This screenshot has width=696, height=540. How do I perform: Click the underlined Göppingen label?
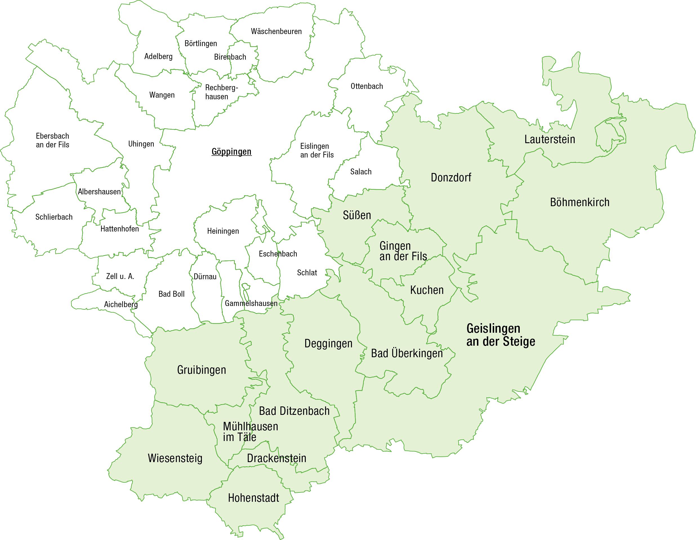point(231,152)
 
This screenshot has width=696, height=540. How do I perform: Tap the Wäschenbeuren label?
point(276,31)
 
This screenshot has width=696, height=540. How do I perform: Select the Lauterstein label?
point(550,139)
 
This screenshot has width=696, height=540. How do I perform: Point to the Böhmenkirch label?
point(579,202)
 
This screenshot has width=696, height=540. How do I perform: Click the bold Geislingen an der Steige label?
point(500,335)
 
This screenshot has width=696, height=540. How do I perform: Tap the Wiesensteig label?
point(175,458)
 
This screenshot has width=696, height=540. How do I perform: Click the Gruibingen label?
point(201,370)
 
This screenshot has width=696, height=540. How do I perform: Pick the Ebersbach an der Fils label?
point(52,140)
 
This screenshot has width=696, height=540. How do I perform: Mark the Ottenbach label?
point(367,86)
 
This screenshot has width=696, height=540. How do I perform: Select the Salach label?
point(361,172)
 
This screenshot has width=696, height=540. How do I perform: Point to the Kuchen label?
point(427,290)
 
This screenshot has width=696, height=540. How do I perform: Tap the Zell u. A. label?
point(120,276)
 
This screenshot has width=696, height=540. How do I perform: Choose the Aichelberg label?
point(121,305)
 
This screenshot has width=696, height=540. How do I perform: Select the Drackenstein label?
point(276,458)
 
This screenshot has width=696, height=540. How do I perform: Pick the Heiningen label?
point(223,231)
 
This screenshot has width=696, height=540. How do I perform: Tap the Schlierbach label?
point(54,217)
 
